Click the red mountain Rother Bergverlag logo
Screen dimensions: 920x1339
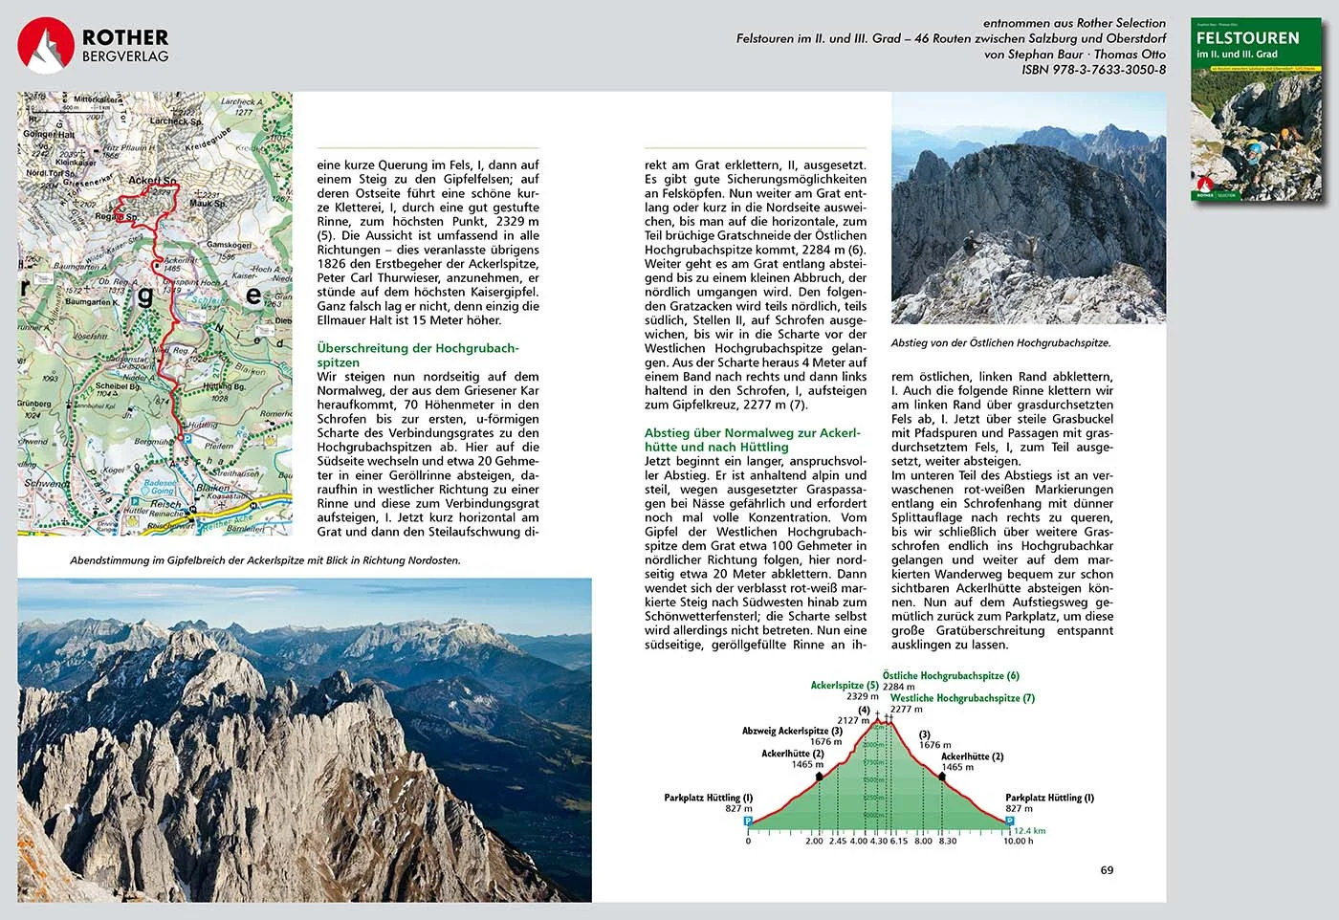[x=45, y=45]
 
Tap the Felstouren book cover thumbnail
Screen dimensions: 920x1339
[x=1257, y=110]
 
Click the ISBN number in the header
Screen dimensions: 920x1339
[x=1093, y=70]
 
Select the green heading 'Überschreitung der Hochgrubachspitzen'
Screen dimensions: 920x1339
[x=418, y=355]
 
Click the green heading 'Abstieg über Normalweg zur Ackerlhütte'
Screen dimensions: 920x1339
[x=753, y=440]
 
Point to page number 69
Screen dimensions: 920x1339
[x=1107, y=870]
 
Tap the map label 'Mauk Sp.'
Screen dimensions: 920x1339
[x=208, y=204]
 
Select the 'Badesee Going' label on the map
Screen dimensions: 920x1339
[x=159, y=487]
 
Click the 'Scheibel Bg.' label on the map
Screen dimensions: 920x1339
[x=117, y=386]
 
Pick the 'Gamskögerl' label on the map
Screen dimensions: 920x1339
[x=229, y=245]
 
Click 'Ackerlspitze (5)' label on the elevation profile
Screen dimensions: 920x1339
[x=845, y=686]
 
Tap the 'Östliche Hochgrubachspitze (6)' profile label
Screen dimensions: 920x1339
[x=951, y=676]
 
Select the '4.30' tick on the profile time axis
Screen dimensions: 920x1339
[x=879, y=842]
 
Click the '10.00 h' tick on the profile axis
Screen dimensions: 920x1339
[x=1018, y=842]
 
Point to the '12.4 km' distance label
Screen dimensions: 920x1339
[x=1029, y=831]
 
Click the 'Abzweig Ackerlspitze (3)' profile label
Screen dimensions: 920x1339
[x=792, y=731]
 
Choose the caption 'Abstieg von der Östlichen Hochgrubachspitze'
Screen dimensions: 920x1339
[x=1000, y=342]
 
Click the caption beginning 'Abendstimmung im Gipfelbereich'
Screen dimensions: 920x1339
[x=265, y=560]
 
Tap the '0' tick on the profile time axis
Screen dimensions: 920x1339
[x=748, y=842]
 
